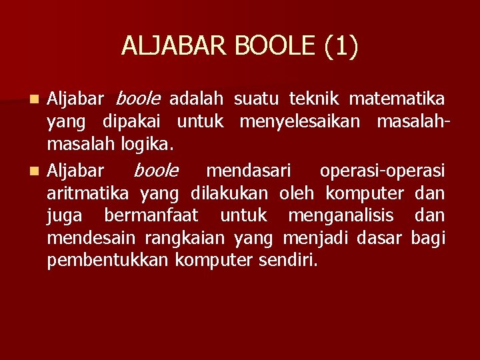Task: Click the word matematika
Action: tap(397, 99)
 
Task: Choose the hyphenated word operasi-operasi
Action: tap(382, 171)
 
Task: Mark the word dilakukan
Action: tap(229, 193)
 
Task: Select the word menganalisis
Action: tap(341, 216)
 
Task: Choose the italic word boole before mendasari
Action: tap(155, 171)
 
